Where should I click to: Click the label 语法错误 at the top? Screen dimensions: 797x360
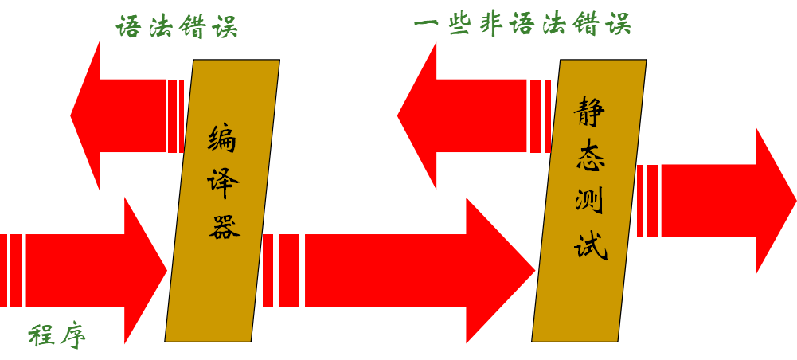tap(177, 26)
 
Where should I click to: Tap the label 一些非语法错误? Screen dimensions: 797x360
tap(522, 24)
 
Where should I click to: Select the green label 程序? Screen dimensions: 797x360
tap(57, 335)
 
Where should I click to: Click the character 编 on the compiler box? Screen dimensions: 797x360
tap(222, 139)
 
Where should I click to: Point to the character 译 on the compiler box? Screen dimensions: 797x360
tap(223, 183)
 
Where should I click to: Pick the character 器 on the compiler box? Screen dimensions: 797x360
tap(224, 228)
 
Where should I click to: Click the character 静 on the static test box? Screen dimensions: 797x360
tap(589, 112)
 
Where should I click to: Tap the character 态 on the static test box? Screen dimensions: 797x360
tap(590, 155)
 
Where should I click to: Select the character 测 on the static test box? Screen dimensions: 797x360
tap(589, 200)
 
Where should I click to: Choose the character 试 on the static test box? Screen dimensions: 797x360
tap(590, 245)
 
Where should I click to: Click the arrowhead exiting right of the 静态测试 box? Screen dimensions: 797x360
tap(774, 200)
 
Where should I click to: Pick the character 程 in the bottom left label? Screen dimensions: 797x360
tap(41, 335)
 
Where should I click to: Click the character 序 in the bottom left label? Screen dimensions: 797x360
tap(73, 335)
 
